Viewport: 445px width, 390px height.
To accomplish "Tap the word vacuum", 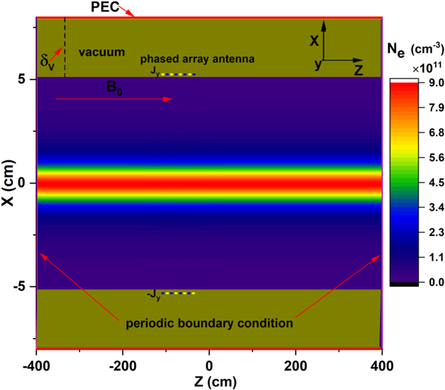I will [x=102, y=51].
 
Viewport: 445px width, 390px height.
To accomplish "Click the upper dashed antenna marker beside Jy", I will [x=178, y=74].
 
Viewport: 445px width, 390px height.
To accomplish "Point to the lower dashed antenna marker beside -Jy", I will [x=178, y=293].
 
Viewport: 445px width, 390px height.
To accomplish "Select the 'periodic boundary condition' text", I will [x=210, y=323].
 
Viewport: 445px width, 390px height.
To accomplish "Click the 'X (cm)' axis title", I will [x=8, y=182].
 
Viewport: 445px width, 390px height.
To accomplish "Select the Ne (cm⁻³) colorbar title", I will [x=413, y=49].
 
